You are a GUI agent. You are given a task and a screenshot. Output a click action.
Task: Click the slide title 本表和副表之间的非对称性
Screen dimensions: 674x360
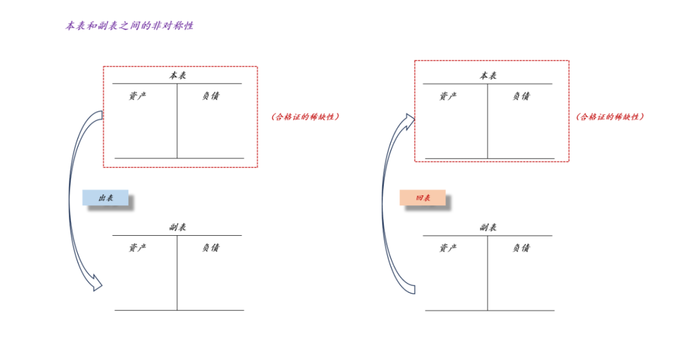click(x=129, y=26)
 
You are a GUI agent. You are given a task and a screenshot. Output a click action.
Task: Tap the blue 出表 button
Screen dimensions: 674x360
click(x=105, y=198)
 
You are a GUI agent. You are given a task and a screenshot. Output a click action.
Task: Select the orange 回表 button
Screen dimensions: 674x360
click(x=422, y=198)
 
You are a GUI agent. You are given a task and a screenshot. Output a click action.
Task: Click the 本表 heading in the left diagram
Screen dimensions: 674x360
click(x=178, y=75)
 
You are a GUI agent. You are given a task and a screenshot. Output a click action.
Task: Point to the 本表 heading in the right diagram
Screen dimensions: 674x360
click(x=488, y=75)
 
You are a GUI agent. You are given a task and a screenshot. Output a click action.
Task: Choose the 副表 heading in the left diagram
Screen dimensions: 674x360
click(x=178, y=227)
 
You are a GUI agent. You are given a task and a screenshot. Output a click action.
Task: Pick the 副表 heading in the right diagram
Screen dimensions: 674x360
click(x=488, y=227)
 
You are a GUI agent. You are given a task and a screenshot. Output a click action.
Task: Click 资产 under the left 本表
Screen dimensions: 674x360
click(x=138, y=96)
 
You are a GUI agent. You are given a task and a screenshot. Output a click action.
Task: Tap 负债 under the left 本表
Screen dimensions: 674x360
click(x=210, y=96)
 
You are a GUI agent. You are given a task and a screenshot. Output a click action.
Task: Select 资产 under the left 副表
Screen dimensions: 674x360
click(x=138, y=248)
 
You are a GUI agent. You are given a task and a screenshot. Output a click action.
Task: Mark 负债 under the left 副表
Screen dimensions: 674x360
click(x=210, y=248)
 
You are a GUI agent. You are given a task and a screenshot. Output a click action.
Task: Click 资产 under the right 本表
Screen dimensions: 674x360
click(x=448, y=96)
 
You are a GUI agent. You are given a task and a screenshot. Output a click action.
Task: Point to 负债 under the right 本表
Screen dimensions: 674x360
click(x=521, y=96)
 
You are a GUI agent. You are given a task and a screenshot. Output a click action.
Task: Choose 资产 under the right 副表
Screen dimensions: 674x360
click(x=448, y=248)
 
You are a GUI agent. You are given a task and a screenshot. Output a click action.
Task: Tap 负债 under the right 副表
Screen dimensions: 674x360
click(x=521, y=248)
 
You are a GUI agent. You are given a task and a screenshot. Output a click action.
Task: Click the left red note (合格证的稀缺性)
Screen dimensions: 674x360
click(x=305, y=117)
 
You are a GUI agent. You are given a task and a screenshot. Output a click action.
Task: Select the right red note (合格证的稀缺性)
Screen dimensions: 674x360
click(x=610, y=117)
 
